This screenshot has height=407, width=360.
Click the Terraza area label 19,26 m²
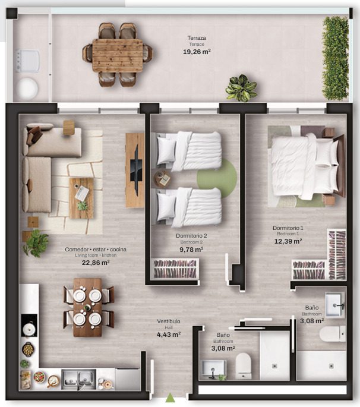click(197, 52)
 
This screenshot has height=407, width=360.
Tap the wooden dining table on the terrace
click(118, 55)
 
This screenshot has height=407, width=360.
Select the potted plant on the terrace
click(241, 88)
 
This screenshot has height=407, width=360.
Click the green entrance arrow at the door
click(170, 397)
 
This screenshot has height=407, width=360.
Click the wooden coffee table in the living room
click(81, 198)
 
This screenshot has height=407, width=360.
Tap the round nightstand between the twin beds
click(162, 179)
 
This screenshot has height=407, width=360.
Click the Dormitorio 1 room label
click(288, 228)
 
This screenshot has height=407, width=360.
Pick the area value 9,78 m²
click(191, 250)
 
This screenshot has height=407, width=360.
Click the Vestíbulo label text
click(169, 321)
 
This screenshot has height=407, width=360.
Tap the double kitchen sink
click(78, 379)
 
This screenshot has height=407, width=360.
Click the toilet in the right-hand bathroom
click(332, 334)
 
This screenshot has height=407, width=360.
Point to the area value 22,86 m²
click(96, 263)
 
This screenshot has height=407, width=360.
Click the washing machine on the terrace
click(28, 61)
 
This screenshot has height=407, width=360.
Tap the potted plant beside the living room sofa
click(36, 243)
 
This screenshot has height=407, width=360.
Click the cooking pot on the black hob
click(29, 329)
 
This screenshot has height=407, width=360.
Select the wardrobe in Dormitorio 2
click(175, 269)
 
